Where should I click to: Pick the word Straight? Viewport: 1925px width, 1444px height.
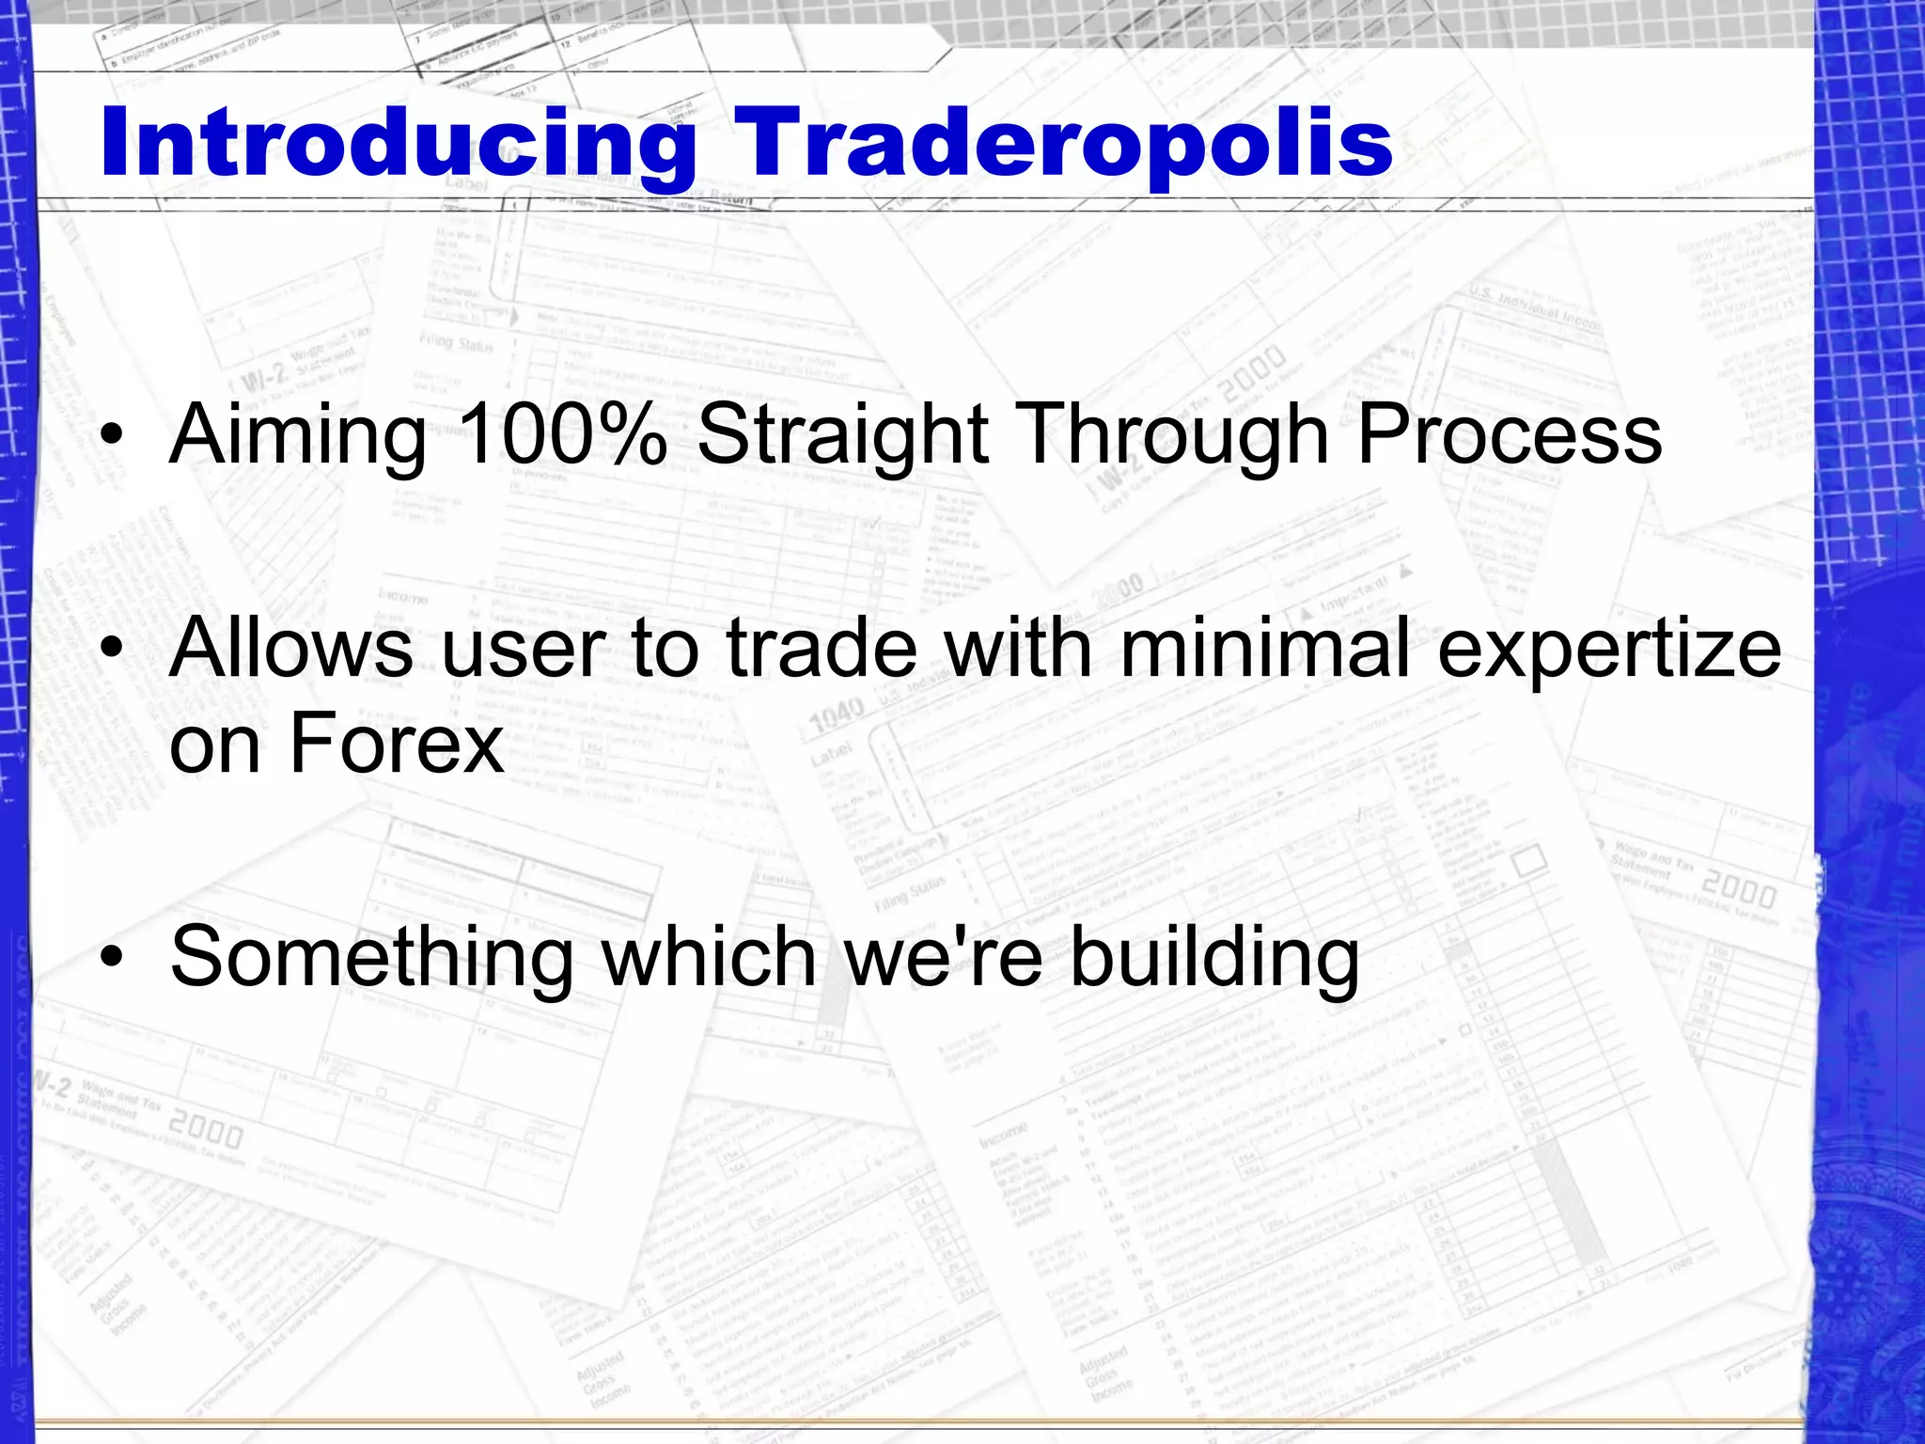[x=843, y=435]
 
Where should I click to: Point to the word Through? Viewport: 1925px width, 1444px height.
[x=1173, y=435]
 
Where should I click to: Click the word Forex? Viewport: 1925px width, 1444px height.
[x=396, y=743]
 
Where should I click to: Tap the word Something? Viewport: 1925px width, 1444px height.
[x=371, y=957]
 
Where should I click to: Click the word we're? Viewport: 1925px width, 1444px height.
[x=945, y=957]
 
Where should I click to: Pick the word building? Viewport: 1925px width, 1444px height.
[x=1215, y=957]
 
